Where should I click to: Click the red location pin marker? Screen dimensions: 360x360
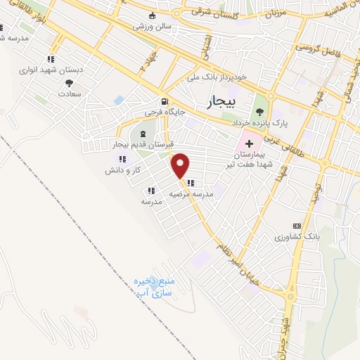click(181, 165)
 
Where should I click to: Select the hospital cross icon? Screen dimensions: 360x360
click(249, 143)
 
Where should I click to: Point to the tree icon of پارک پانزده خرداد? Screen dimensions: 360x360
click(262, 110)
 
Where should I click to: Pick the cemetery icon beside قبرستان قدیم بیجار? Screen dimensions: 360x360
click(143, 134)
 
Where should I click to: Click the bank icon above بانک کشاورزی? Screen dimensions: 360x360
click(297, 226)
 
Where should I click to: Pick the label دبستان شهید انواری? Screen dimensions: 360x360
click(51, 70)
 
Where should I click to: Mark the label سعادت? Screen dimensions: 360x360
click(70, 93)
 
